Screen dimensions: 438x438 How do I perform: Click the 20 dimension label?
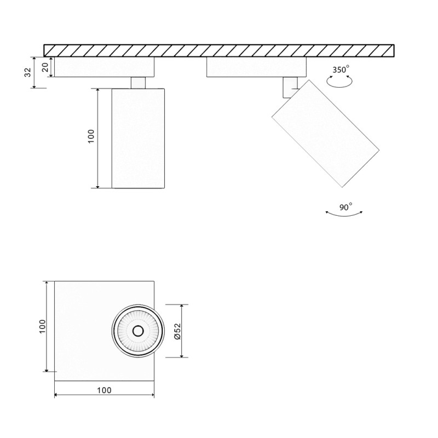click(46, 67)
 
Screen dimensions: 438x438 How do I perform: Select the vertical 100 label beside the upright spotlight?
click(91, 136)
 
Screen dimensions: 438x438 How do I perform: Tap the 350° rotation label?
click(341, 70)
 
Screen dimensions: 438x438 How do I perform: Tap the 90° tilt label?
click(345, 207)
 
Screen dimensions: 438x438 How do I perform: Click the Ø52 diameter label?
click(177, 331)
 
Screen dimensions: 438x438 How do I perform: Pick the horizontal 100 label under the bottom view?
click(104, 390)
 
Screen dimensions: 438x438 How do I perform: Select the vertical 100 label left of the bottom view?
click(42, 327)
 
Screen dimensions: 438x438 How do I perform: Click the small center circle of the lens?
click(137, 331)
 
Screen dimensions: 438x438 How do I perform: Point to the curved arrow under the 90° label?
click(343, 215)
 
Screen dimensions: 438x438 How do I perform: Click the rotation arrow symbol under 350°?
click(339, 81)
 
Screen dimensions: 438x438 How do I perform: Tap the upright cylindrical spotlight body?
click(138, 138)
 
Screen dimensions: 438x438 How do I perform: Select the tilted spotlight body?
click(325, 132)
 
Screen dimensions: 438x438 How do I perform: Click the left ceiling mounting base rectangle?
click(104, 67)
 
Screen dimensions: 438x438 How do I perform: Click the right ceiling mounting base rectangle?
click(256, 67)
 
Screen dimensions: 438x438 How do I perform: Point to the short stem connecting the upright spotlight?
click(138, 82)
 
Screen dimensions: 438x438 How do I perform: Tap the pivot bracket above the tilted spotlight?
click(288, 85)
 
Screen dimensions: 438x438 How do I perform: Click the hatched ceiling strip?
click(219, 50)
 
